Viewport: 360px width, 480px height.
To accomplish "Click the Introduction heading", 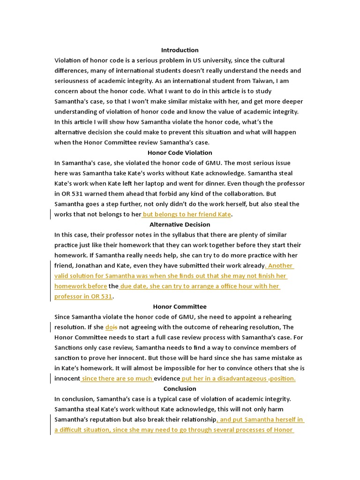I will click(180, 50).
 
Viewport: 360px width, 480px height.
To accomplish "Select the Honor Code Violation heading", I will click(180, 153).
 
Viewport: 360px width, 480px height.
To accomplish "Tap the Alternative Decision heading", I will click(180, 225).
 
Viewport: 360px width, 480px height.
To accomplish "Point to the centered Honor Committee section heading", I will click(180, 307).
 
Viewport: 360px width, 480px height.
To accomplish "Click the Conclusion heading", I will click(180, 389).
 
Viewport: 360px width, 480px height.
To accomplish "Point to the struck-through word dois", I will click(111, 327).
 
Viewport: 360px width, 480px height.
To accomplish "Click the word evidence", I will click(167, 379).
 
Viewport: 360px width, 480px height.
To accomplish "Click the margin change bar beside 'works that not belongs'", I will click(51, 214).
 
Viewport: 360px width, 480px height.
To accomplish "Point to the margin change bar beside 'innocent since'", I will click(51, 379).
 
